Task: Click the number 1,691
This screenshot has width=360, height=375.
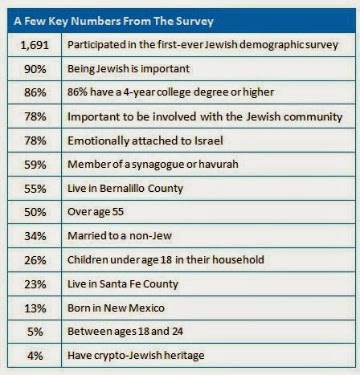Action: (x=35, y=45)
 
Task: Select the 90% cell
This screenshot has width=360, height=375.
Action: (x=35, y=69)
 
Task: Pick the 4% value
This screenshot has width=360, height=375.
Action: (x=35, y=355)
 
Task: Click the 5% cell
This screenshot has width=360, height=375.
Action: (x=35, y=332)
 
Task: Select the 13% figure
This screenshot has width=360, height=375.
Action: (x=35, y=308)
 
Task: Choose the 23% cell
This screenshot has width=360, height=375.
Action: (x=35, y=284)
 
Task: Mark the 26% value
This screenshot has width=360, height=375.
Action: (x=35, y=260)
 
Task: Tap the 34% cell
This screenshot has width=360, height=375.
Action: (x=35, y=236)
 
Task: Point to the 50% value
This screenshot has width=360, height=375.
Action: (x=35, y=212)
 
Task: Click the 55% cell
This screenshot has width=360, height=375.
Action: (x=35, y=188)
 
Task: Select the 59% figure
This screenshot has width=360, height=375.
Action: (x=35, y=164)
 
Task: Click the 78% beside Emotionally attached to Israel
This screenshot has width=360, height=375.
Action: (x=35, y=140)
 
